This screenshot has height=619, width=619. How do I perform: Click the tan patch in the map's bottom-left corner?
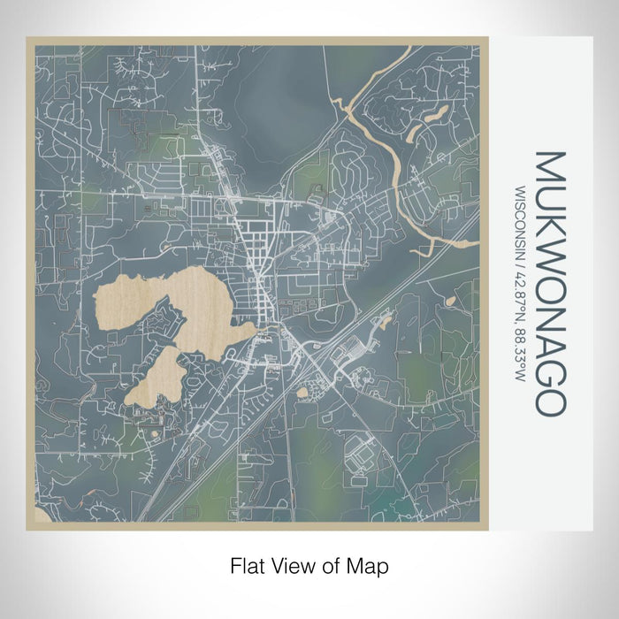[x=39, y=516]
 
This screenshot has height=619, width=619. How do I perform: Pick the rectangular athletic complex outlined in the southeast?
[x=363, y=455]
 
